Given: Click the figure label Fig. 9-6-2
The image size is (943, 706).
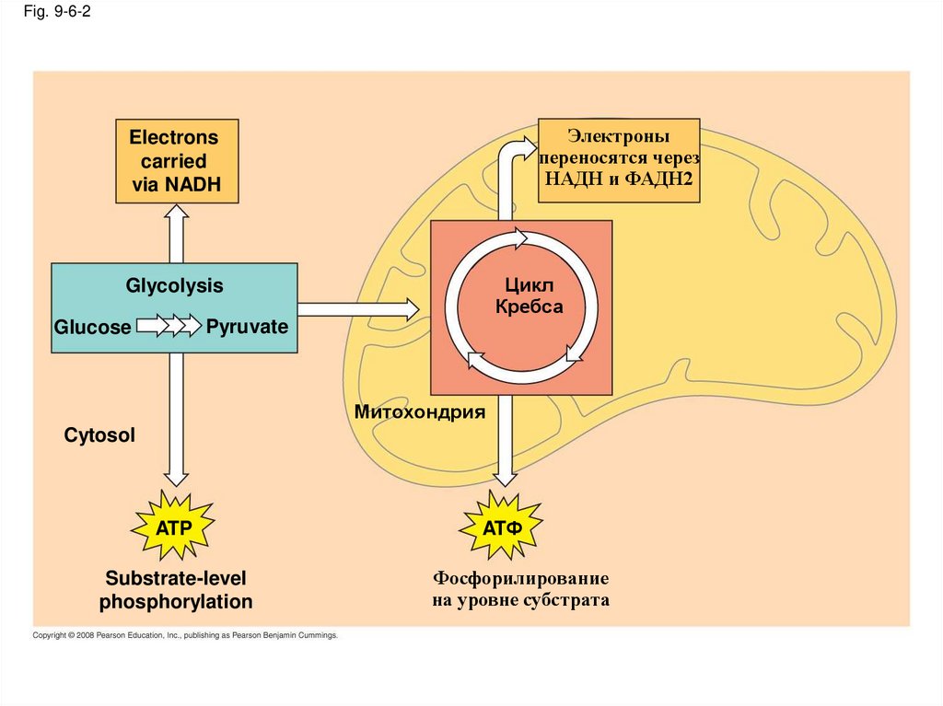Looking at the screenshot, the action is [x=57, y=11].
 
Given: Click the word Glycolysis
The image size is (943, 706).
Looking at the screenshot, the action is [x=174, y=285].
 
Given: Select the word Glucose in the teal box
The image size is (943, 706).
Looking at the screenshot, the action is [x=92, y=327].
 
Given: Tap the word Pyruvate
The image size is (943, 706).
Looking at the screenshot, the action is [x=247, y=327].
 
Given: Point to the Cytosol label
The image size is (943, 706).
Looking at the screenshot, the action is [x=99, y=434].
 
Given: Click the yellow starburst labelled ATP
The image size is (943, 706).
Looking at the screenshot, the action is [x=173, y=527].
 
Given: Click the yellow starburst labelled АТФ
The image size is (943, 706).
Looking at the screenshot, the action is [x=502, y=527].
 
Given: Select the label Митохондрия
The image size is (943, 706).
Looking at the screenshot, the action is [x=420, y=412].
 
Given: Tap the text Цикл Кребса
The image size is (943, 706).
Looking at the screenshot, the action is [x=530, y=295].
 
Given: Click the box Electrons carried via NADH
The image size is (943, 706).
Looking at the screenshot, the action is [x=177, y=161].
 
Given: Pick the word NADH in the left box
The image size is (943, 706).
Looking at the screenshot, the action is [x=193, y=185].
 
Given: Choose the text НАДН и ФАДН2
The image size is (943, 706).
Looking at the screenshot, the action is [x=619, y=179].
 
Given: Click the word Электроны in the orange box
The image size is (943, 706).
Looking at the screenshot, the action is [x=619, y=136].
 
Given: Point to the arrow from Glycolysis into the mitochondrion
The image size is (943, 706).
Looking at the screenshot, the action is [x=358, y=309].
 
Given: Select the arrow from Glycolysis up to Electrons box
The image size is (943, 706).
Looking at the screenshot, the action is [x=176, y=234].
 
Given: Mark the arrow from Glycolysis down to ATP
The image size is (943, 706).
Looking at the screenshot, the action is [x=176, y=419].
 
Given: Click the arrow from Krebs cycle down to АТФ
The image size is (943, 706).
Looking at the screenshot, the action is [x=505, y=441].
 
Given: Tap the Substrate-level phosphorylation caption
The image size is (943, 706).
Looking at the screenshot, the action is [x=176, y=590].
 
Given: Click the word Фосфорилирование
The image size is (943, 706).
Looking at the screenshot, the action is [x=521, y=578].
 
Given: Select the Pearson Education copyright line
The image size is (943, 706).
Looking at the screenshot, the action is [x=185, y=635].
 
